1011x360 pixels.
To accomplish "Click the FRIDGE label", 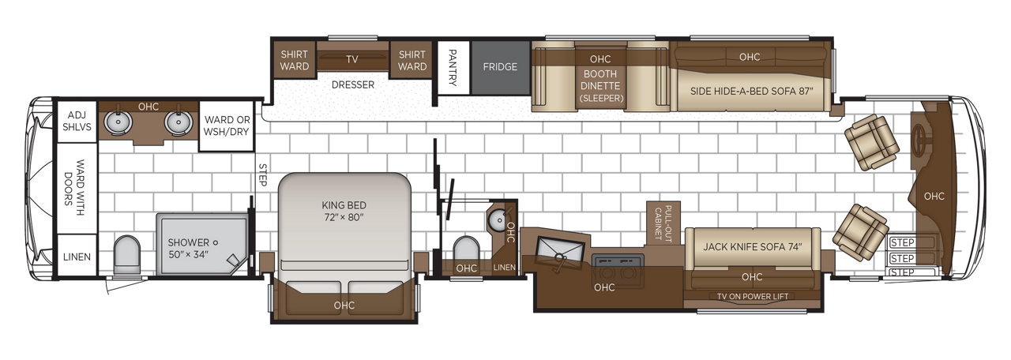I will pyautogui.click(x=500, y=67).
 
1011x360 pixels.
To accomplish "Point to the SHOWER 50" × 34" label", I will pyautogui.click(x=189, y=248).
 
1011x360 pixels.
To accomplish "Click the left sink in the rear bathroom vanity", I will pyautogui.click(x=121, y=122).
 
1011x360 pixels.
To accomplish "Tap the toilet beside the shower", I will pyautogui.click(x=126, y=255).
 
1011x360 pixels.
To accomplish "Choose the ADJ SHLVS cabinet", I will pyautogui.click(x=77, y=121).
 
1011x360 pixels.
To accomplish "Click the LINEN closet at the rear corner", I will pyautogui.click(x=77, y=257).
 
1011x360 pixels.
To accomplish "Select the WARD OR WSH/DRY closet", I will pyautogui.click(x=227, y=126).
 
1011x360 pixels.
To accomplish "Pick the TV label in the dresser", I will pyautogui.click(x=352, y=59).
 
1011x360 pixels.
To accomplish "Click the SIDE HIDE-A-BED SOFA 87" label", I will pyautogui.click(x=751, y=91).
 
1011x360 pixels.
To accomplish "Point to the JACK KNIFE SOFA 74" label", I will pyautogui.click(x=752, y=246).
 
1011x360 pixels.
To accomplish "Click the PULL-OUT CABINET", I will pyautogui.click(x=663, y=222).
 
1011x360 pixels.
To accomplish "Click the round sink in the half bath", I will pyautogui.click(x=496, y=219).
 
